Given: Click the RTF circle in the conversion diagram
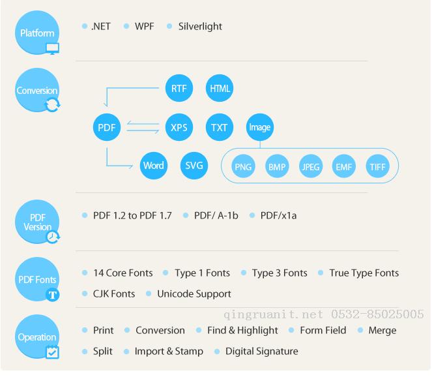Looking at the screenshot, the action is click(179, 88).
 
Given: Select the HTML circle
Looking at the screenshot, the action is click(220, 88).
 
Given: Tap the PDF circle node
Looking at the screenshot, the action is click(107, 127).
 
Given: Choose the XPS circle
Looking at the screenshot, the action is click(179, 127).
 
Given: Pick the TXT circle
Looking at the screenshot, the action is click(220, 127).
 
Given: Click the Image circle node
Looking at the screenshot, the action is click(260, 127).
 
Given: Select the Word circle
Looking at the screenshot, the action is click(154, 166).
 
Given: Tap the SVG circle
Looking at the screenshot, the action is click(194, 166).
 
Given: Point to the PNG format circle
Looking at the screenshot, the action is click(243, 166).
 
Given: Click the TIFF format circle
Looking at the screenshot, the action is click(377, 166).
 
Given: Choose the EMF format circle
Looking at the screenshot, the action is click(344, 166).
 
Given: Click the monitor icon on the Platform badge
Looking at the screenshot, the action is click(52, 48).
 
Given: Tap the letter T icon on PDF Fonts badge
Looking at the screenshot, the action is click(52, 295).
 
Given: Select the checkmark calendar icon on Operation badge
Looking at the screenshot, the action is click(52, 352).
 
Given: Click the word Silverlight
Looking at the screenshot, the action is click(200, 27).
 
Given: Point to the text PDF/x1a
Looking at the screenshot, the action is click(278, 215).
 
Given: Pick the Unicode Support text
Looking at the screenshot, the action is click(194, 294).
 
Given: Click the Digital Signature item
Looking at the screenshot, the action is click(262, 352).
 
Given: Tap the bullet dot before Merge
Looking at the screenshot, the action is click(360, 330).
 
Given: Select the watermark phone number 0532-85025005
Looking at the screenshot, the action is click(377, 314).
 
